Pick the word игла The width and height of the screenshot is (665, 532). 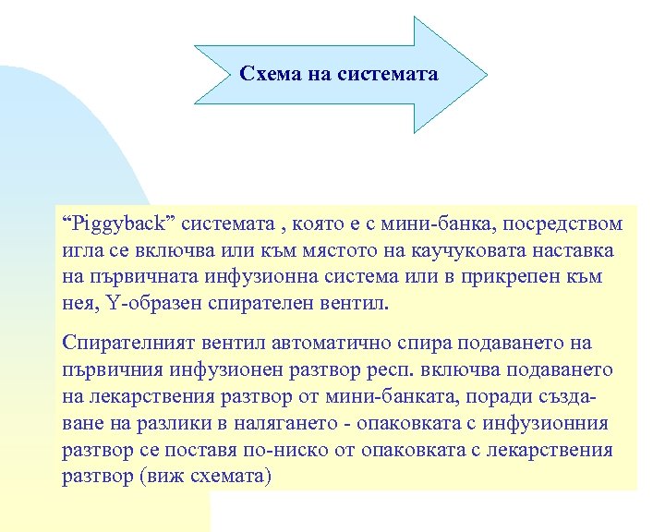(x=81, y=251)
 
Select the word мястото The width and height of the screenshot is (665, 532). (x=334, y=251)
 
